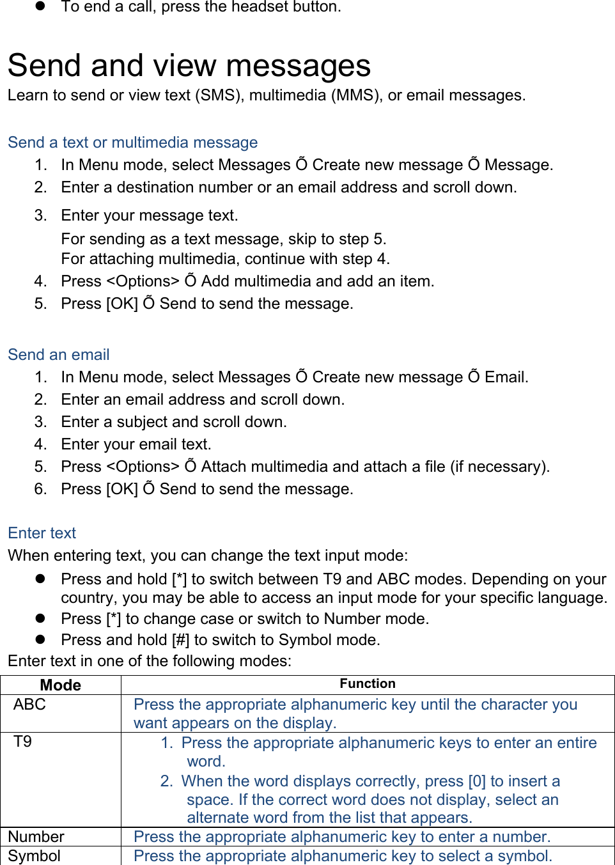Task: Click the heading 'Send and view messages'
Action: coord(189,66)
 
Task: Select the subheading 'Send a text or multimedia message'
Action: coord(133,143)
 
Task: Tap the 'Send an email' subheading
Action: coord(59,355)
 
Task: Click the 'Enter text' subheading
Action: coord(42,533)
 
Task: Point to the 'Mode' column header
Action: coord(61,685)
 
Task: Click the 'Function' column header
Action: coord(368,684)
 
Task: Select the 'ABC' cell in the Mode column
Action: coord(30,705)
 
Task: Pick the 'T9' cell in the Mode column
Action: coord(23,742)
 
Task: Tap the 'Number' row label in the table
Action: coord(36,837)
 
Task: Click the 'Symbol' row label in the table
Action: coord(35,856)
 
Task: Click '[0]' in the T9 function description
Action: coord(477,781)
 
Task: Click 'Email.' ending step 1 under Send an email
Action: coord(506,377)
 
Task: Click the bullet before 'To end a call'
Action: coord(40,6)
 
